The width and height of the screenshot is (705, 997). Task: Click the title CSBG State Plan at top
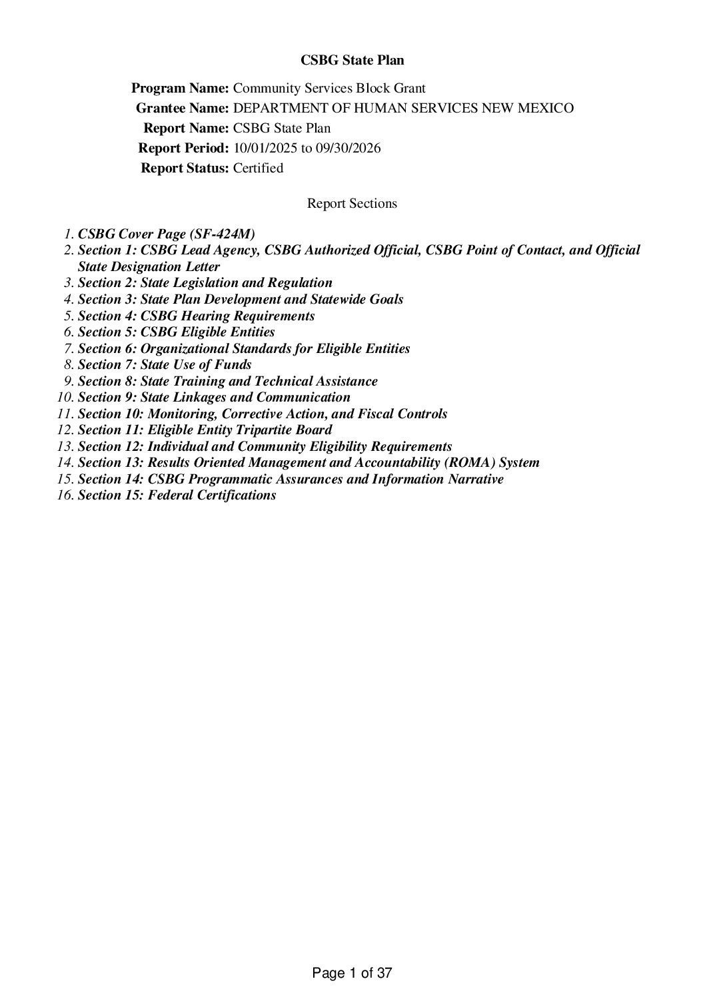[x=352, y=61]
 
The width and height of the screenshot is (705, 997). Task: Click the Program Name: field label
[x=181, y=88]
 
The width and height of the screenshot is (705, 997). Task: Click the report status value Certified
[x=258, y=168]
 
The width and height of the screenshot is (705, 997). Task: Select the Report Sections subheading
[x=352, y=203]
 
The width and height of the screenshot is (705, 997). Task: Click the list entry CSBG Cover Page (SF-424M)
[x=167, y=234]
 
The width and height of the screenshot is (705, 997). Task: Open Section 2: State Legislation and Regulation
[x=205, y=282]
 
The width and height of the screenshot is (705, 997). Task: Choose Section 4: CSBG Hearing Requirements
[x=196, y=316]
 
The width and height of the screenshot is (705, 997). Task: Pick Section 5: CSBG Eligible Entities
[x=176, y=332]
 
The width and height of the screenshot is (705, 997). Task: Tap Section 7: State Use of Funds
[x=165, y=364]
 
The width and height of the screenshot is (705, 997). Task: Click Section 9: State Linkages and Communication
[x=214, y=397]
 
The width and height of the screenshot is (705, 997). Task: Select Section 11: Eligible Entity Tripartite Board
[x=205, y=430]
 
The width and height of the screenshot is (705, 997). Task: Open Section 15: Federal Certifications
[x=177, y=495]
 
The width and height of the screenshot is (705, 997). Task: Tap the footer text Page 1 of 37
[x=352, y=973]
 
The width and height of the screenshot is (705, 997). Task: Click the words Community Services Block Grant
[x=329, y=88]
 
